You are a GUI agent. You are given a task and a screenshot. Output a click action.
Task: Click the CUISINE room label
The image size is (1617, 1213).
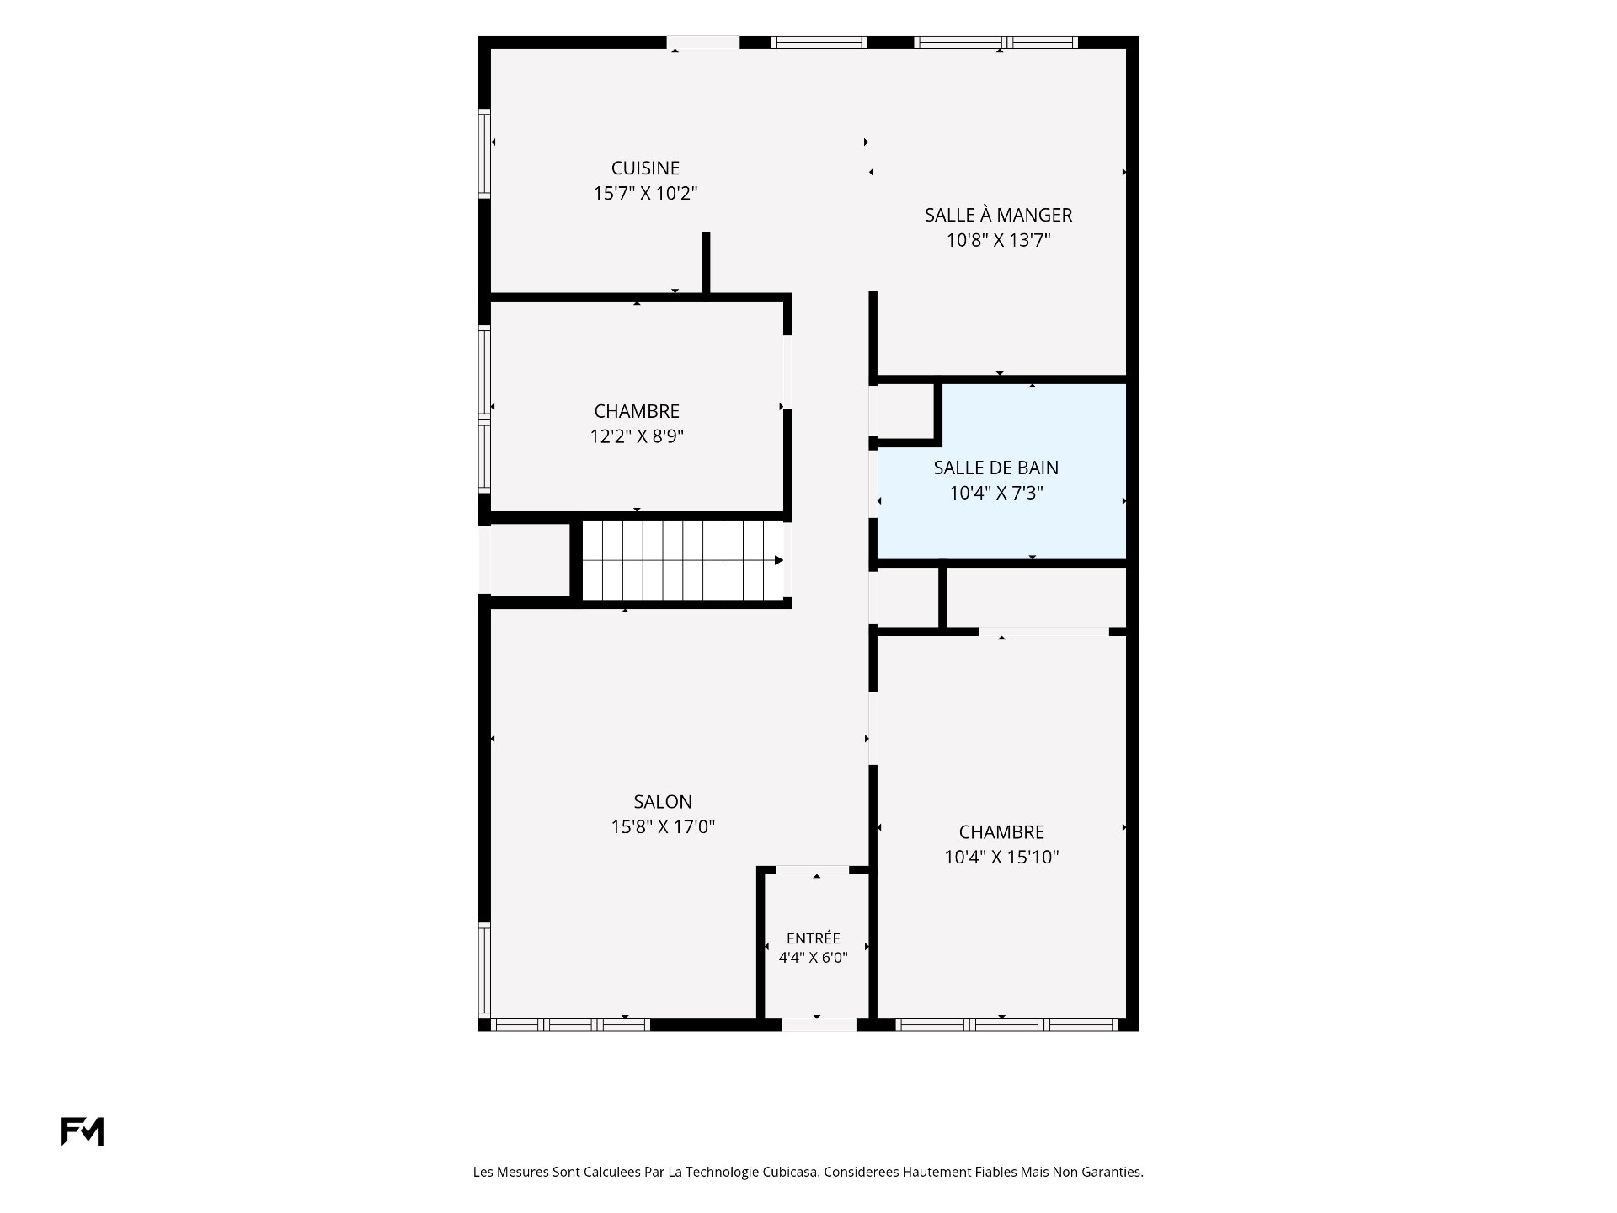[x=645, y=168]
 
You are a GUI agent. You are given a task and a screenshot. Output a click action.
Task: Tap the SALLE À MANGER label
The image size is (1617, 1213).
[x=998, y=215]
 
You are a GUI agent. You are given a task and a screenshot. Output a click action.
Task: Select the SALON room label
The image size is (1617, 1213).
[x=663, y=802]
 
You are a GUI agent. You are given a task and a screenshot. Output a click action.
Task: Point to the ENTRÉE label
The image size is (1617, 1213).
[x=814, y=938]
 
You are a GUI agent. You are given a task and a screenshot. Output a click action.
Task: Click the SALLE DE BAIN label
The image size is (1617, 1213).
[x=996, y=468]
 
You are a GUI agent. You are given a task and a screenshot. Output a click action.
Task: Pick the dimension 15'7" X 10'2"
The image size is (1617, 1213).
[x=645, y=194]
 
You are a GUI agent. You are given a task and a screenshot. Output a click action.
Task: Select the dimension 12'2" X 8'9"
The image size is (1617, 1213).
[x=637, y=436]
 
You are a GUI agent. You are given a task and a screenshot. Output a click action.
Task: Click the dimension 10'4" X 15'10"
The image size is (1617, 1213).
[x=1001, y=858]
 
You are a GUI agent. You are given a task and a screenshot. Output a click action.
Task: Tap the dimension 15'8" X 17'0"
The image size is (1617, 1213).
[x=663, y=827]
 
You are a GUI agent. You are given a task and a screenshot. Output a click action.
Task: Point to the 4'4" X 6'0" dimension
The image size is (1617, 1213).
[x=813, y=957]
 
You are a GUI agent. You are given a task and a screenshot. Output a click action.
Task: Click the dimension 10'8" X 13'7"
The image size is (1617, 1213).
[x=998, y=241]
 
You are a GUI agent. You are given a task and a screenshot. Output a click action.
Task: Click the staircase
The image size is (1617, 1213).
[x=683, y=560]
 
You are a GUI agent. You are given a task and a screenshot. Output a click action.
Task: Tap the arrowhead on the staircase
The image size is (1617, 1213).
[x=779, y=560]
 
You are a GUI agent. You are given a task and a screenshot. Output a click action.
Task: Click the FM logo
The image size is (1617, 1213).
[x=83, y=1131]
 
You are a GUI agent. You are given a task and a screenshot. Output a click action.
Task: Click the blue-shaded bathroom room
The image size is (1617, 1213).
[x=1002, y=472]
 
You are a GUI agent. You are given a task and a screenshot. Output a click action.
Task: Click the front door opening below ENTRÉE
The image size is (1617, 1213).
[x=819, y=1025]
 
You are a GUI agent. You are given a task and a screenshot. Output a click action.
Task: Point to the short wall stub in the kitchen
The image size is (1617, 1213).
[x=706, y=263]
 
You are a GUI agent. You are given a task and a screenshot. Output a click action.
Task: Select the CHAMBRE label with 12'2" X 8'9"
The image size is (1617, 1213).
[x=637, y=411]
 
